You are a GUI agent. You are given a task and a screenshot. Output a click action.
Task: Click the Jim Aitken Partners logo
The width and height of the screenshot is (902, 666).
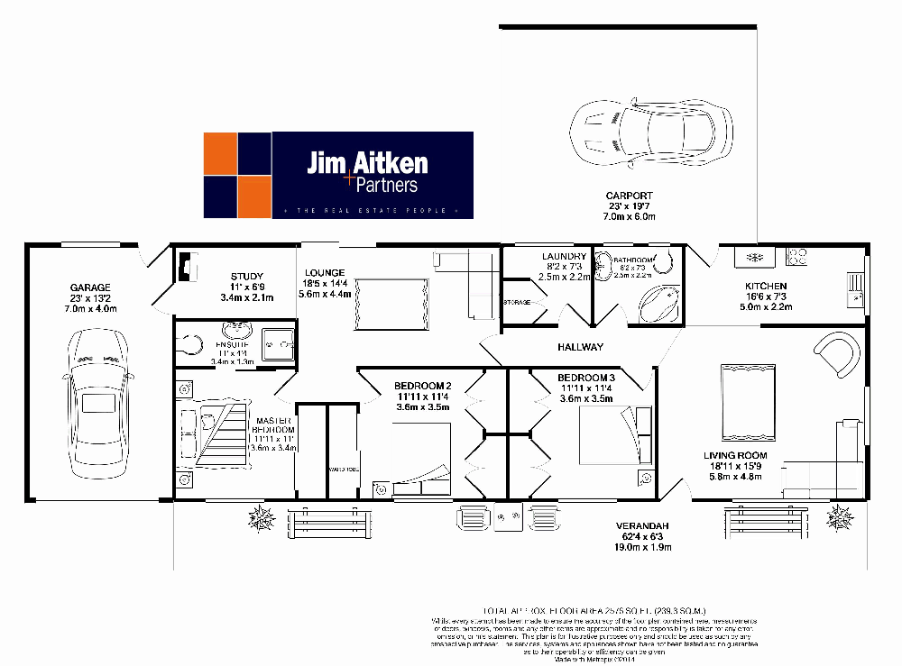(337, 175)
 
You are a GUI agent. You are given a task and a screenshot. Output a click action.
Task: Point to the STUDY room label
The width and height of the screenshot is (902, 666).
(246, 277)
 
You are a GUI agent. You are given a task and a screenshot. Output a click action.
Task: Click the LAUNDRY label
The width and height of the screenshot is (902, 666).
(565, 257)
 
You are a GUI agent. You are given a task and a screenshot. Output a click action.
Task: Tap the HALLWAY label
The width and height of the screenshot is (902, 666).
(581, 347)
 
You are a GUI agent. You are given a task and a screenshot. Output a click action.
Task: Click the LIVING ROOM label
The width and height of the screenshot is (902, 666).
(735, 456)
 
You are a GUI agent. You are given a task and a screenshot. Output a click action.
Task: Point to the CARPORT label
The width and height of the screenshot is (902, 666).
(630, 196)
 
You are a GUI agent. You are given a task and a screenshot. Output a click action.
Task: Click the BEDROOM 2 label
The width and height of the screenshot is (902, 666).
(422, 387)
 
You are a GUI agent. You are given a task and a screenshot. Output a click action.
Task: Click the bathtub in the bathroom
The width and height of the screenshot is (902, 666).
(661, 302)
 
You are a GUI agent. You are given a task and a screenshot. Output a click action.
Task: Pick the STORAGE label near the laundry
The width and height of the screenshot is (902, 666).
(517, 302)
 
